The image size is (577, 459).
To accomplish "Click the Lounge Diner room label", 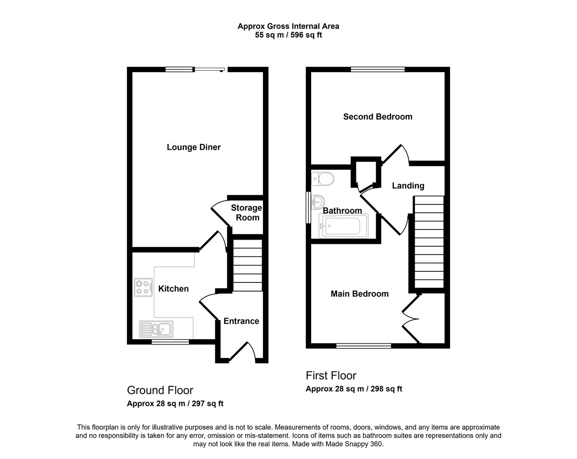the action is pos(194,147).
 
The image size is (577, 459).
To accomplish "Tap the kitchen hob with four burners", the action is pos(143,287).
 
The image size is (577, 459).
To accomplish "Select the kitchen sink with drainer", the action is pos(156,329).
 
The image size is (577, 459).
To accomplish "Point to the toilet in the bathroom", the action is pos(323,179).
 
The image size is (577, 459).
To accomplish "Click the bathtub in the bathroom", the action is pos(343,227).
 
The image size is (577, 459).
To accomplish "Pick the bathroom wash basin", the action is pos(318,202).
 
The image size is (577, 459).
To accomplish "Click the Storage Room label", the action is pos(247,213).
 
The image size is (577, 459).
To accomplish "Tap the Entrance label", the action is pos(241,321).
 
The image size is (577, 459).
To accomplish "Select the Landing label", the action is pos(408,186).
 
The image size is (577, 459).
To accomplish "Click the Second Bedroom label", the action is pos(378,117).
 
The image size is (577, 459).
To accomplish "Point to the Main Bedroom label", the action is pos(360,294).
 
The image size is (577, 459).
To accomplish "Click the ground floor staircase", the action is pos(248,265).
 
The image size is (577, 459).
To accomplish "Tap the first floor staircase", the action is pos(429,242).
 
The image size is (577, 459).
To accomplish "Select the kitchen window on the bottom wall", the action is pos(170,342).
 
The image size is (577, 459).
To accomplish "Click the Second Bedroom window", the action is pos(378,69).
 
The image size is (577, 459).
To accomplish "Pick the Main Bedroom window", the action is pos(364,346).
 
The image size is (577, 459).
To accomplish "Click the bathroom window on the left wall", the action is pos(308,207).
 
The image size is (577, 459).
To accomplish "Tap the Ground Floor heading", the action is pos(160,390).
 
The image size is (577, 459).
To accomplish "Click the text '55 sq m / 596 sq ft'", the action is pos(288,35).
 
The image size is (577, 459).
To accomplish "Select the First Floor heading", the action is pos(331,376).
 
